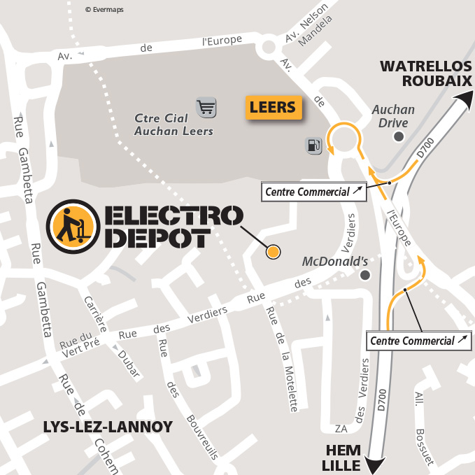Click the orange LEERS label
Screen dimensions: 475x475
click(274, 108)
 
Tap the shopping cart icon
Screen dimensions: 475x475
click(206, 107)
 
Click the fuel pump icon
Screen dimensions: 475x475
click(313, 146)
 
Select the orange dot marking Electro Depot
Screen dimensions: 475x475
click(274, 252)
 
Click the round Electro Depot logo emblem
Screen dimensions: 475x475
click(70, 227)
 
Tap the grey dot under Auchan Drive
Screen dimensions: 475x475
click(399, 136)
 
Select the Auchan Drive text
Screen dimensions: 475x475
click(393, 116)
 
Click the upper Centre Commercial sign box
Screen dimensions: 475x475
click(314, 192)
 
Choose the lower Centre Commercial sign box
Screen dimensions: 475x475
click(418, 341)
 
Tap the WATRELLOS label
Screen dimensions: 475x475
click(425, 66)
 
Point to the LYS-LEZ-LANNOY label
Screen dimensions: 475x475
click(108, 427)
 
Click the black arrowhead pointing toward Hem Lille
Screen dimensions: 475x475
click(377, 463)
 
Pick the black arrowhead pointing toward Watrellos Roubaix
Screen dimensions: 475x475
click(464, 102)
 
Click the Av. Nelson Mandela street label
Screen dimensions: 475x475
click(306, 31)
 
